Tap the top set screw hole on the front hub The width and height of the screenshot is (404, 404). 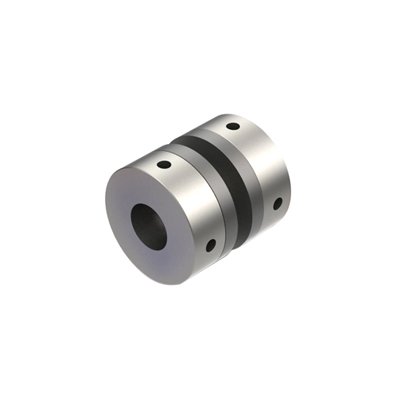coord(164,164)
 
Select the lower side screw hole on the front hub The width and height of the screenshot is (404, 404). coord(210,245)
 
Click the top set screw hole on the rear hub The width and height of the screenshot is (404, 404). coord(232,126)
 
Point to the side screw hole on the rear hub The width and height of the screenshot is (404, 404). coord(277,203)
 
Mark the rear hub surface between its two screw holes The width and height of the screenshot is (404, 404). coord(266,162)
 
